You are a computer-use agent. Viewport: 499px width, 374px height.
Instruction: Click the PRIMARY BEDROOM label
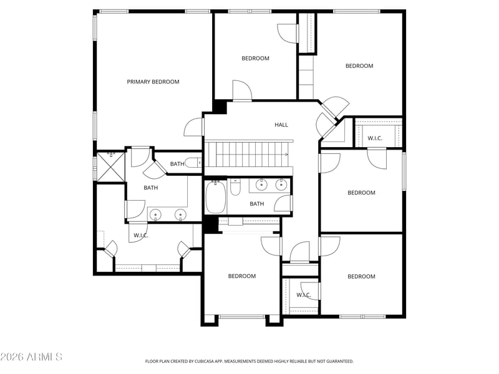[x=153, y=82]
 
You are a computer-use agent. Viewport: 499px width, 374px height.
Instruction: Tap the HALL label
[x=281, y=125]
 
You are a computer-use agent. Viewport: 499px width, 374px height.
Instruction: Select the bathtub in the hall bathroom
[x=216, y=196]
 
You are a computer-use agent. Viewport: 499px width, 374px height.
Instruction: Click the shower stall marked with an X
[x=110, y=166]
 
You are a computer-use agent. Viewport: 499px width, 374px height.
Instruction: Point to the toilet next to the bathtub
[x=236, y=188]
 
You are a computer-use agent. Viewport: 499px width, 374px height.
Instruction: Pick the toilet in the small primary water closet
[x=193, y=163]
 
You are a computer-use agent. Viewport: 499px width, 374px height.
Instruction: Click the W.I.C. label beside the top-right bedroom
[x=375, y=138]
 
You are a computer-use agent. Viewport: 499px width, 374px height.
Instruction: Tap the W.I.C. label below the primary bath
[x=141, y=236]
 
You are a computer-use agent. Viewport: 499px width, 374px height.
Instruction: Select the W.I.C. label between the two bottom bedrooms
[x=304, y=295]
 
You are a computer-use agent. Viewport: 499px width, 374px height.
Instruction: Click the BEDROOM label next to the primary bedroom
[x=255, y=58]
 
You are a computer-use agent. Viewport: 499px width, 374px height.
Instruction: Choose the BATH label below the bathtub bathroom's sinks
[x=257, y=204]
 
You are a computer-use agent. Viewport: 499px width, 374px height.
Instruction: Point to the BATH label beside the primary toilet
[x=177, y=164]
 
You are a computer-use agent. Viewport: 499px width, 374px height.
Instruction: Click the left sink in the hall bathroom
[x=261, y=185]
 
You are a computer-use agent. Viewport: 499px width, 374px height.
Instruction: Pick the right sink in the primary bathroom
[x=180, y=215]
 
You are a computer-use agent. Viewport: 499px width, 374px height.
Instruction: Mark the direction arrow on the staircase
[x=286, y=155]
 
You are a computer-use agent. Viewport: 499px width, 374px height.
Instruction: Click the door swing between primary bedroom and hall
[x=193, y=128]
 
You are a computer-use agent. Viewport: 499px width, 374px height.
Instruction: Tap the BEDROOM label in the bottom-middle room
[x=242, y=276]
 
